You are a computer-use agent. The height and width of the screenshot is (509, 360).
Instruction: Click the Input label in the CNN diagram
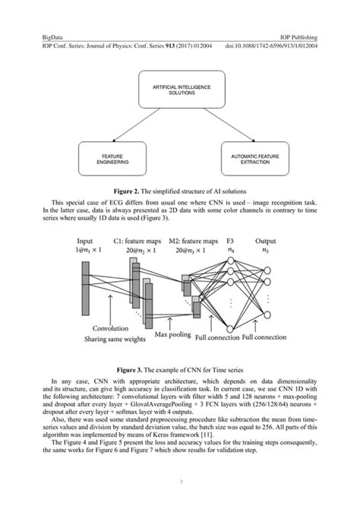coord(85,239)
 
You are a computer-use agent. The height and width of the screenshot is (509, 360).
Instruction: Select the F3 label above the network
coord(231,239)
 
